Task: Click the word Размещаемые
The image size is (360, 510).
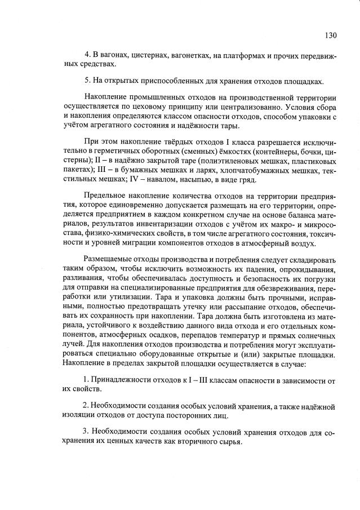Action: click(x=111, y=261)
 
